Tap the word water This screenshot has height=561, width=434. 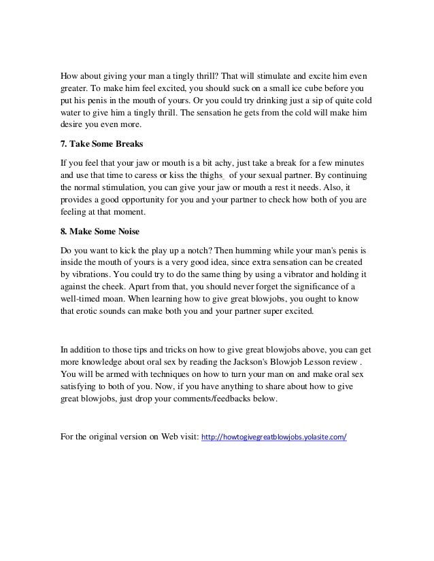click(x=73, y=112)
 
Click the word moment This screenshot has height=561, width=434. click(x=131, y=213)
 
